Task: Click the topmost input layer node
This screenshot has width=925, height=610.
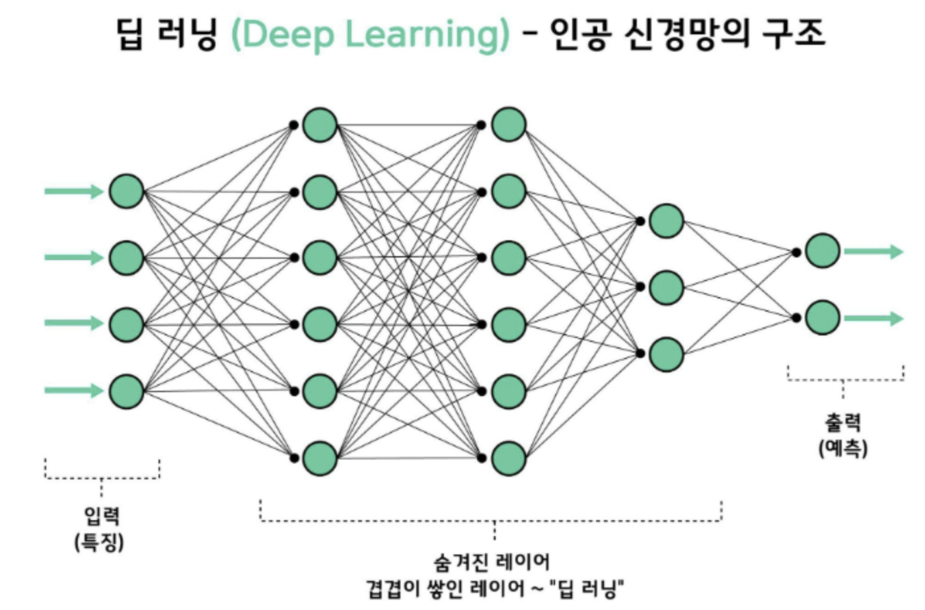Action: point(126,191)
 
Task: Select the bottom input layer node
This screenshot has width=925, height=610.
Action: point(126,390)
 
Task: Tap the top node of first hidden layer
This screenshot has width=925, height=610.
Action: point(320,125)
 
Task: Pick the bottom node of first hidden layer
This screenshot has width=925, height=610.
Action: point(320,457)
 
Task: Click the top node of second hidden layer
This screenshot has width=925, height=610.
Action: point(508,125)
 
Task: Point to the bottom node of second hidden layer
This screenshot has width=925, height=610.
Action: point(508,457)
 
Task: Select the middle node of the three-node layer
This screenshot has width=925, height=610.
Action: point(665,287)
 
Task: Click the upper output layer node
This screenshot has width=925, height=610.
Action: point(822,251)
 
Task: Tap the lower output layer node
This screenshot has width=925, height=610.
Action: point(822,318)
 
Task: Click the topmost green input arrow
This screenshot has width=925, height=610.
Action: point(73,191)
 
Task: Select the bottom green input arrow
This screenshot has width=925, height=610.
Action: point(73,390)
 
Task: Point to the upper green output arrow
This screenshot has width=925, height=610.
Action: point(873,252)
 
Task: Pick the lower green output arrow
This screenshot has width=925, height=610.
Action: point(873,318)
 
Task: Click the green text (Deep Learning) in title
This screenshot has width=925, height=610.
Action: point(369,34)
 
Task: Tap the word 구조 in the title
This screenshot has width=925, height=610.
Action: point(794,34)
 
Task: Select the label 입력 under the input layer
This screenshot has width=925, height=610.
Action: point(101,515)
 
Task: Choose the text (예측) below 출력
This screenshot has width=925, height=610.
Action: point(842,448)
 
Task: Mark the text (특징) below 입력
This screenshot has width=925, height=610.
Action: point(99,542)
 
